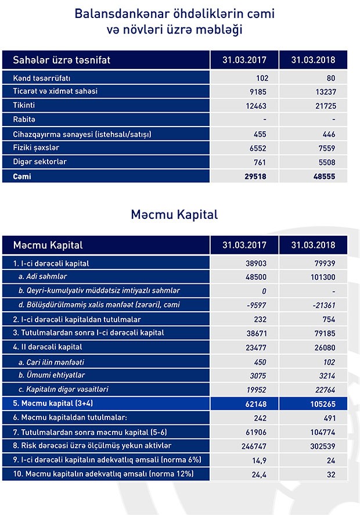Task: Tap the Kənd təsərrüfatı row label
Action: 45,77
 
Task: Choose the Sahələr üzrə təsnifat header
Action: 62,60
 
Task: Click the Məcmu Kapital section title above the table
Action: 174,214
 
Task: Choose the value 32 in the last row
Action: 330,474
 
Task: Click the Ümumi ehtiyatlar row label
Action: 53,375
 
